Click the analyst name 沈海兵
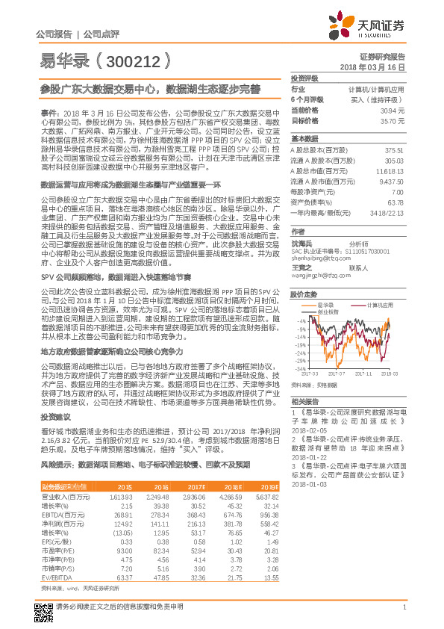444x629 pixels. point(300,243)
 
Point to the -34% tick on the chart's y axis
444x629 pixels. point(300,368)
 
